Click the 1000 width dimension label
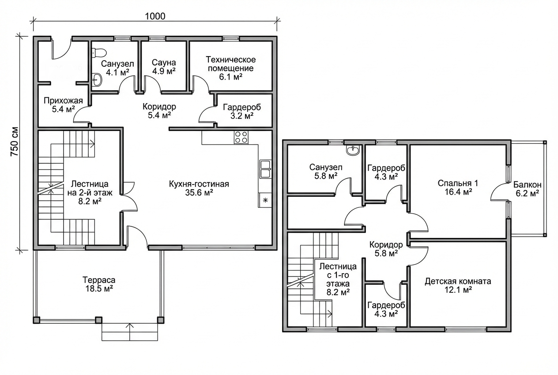point(155,16)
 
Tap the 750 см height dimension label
point(15,142)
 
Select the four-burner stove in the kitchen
point(241,137)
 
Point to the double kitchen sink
point(265,169)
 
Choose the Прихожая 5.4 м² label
point(63,105)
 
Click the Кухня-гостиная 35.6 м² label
point(199,188)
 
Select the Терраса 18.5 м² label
point(99,284)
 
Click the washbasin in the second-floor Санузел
point(352,150)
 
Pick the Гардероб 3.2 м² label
point(242,111)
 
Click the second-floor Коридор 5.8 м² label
point(386,249)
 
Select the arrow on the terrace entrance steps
point(129,332)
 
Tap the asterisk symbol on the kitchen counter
point(265,200)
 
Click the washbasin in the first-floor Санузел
point(97,80)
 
